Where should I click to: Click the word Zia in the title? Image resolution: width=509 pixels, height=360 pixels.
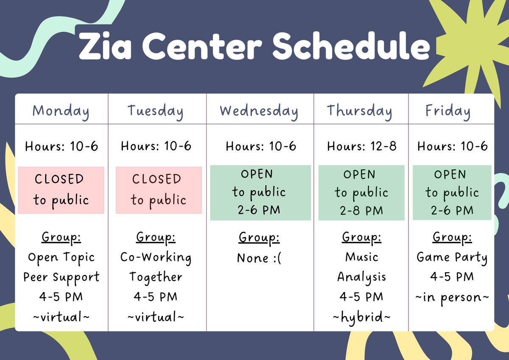[105, 46]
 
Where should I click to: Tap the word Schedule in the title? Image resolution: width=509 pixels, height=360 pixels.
[351, 46]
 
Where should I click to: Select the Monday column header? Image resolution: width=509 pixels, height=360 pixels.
[61, 112]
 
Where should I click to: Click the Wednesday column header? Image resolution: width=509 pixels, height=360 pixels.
[259, 112]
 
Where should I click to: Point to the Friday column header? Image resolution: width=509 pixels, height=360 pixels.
[448, 112]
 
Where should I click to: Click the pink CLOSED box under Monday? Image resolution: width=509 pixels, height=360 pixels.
[61, 190]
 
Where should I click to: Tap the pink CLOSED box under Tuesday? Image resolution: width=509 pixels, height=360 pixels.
[159, 190]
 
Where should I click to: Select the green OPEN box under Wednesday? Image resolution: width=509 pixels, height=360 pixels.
[260, 193]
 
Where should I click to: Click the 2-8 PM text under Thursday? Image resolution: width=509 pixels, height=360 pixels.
[361, 211]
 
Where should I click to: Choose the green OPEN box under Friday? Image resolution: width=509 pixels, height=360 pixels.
[452, 193]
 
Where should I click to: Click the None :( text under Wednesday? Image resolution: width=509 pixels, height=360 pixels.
[259, 258]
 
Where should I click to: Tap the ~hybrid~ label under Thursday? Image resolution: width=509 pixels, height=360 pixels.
[361, 317]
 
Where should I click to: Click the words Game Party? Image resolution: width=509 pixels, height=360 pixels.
[452, 258]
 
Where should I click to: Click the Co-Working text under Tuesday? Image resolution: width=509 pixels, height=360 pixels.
[156, 258]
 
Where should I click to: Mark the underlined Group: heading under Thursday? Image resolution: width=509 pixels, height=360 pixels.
[361, 238]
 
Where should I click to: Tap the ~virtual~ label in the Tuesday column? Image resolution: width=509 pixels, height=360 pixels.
[156, 317]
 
